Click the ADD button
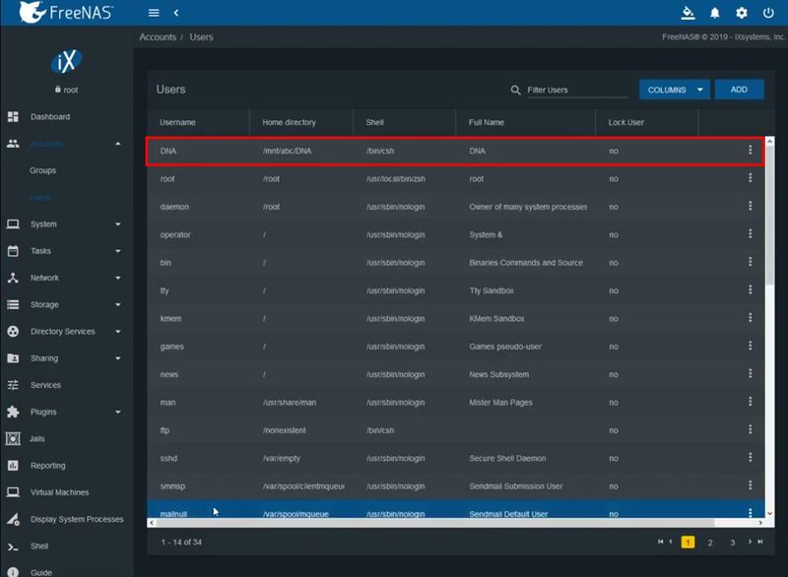pyautogui.click(x=739, y=90)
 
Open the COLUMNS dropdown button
pyautogui.click(x=674, y=90)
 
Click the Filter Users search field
pyautogui.click(x=576, y=90)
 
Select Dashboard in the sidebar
pyautogui.click(x=49, y=117)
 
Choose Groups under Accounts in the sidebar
pyautogui.click(x=42, y=170)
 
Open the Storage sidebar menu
pyautogui.click(x=44, y=305)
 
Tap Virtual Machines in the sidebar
pyautogui.click(x=59, y=492)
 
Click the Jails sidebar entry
pyautogui.click(x=38, y=439)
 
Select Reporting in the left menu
pyautogui.click(x=47, y=466)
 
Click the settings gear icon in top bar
pyautogui.click(x=742, y=13)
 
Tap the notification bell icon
pyautogui.click(x=715, y=13)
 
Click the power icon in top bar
pyautogui.click(x=768, y=13)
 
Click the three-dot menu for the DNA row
pyautogui.click(x=750, y=151)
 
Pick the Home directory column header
pyautogui.click(x=289, y=122)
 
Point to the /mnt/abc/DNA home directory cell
pyautogui.click(x=287, y=151)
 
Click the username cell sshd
pyautogui.click(x=169, y=459)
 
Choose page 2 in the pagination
pyautogui.click(x=710, y=543)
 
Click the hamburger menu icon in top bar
pyautogui.click(x=154, y=13)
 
